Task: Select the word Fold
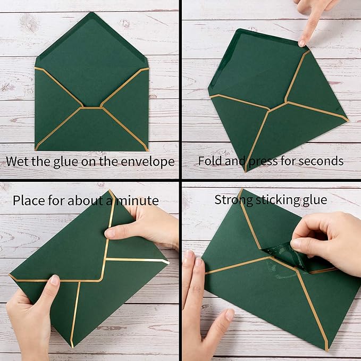pyautogui.click(x=210, y=161)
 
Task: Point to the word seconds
pyautogui.click(x=322, y=161)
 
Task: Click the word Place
pyautogui.click(x=28, y=200)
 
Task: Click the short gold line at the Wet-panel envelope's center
pyautogui.click(x=91, y=108)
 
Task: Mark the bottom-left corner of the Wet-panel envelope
pyautogui.click(x=36, y=148)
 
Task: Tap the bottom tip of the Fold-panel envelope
pyautogui.click(x=246, y=171)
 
